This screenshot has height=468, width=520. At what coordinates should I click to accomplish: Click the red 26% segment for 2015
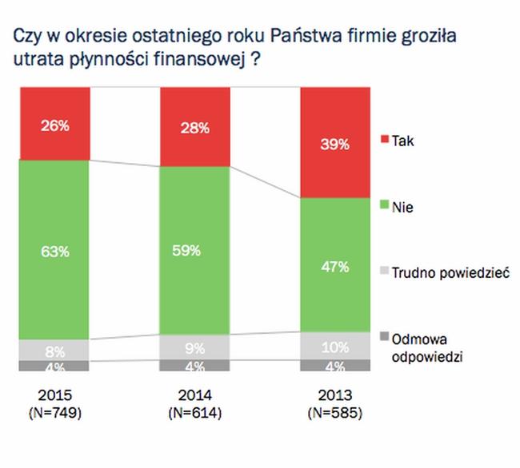point(54,124)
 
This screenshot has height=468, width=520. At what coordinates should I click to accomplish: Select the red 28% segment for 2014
point(194,128)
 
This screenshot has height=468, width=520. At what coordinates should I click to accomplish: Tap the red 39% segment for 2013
point(335,144)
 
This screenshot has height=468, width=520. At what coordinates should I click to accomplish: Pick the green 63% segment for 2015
point(54,250)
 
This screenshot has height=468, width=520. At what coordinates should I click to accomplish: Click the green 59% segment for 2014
point(194,250)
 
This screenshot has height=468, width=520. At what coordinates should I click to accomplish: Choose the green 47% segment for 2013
point(335,265)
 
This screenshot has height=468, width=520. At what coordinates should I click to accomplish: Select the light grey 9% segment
point(194,347)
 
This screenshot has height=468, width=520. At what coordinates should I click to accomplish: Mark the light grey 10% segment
point(335,346)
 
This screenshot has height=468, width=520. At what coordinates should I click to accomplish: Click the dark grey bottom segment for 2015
point(54,366)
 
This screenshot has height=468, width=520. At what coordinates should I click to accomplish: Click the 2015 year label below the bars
point(54,395)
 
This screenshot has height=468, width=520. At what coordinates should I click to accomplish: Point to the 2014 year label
point(194,395)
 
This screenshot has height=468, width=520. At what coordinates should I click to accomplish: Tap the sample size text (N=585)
point(335,413)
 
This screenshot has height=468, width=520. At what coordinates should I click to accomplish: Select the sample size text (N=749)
point(54,413)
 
